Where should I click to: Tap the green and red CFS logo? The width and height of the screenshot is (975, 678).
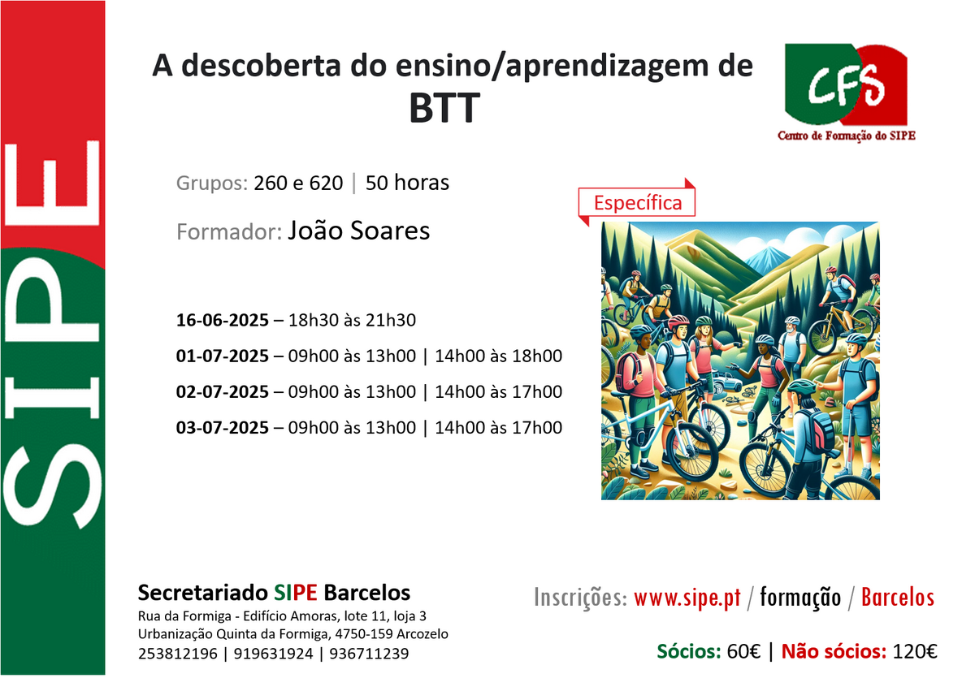tap(846, 84)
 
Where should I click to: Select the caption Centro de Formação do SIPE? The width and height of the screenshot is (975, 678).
tap(847, 136)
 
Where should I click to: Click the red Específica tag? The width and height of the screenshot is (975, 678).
tap(637, 203)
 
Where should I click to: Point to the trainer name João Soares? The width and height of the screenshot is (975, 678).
tap(358, 231)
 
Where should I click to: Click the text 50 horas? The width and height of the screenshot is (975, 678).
tap(407, 183)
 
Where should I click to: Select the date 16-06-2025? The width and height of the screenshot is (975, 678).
tap(223, 320)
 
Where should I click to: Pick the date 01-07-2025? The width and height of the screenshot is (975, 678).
tap(223, 356)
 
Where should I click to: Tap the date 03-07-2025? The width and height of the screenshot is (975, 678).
tap(223, 427)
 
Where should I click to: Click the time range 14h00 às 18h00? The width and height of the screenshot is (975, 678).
tap(498, 356)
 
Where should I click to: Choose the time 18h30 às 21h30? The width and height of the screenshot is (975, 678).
tap(352, 320)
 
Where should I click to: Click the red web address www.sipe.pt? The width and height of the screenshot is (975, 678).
tap(687, 598)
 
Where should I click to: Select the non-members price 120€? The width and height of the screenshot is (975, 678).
tap(915, 651)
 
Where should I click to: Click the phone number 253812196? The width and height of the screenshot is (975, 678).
tap(178, 654)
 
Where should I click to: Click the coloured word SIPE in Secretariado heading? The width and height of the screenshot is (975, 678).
tap(296, 592)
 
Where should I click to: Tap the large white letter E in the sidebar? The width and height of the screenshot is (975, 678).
tap(52, 183)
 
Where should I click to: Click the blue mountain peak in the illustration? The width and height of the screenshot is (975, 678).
tap(769, 257)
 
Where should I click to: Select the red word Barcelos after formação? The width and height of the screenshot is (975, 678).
tap(898, 598)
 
